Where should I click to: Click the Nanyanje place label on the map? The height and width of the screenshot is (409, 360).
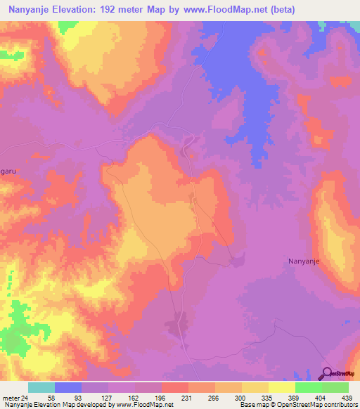pyautogui.click(x=304, y=261)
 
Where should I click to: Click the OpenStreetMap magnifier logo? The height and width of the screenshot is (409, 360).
pyautogui.click(x=327, y=374)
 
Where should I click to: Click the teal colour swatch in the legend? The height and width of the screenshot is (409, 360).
pyautogui.click(x=41, y=387)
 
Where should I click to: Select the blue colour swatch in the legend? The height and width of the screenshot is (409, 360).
pyautogui.click(x=68, y=387)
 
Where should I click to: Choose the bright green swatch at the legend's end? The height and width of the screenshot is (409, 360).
pyautogui.click(x=335, y=387)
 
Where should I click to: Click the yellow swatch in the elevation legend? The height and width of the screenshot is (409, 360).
pyautogui.click(x=255, y=387)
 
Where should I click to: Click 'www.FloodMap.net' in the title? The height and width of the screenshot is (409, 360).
pyautogui.click(x=219, y=9)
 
